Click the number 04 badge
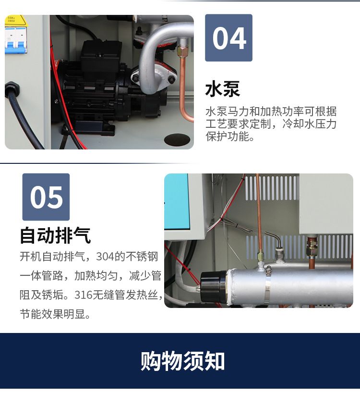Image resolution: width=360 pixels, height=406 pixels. [228, 38]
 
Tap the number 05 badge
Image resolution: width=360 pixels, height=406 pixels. [46, 197]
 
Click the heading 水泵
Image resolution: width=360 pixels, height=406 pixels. [223, 89]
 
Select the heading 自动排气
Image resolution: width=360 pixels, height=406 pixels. [55, 235]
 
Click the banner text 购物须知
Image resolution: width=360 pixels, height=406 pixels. [182, 361]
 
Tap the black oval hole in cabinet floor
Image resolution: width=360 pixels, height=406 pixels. [177, 139]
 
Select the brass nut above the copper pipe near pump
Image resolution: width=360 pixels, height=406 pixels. [182, 49]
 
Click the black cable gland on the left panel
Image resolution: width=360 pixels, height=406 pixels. [12, 89]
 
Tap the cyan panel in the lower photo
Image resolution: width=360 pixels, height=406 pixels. [177, 201]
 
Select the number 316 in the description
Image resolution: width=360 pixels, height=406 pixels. [83, 295]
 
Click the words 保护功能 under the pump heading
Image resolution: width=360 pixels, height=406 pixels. [228, 136]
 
